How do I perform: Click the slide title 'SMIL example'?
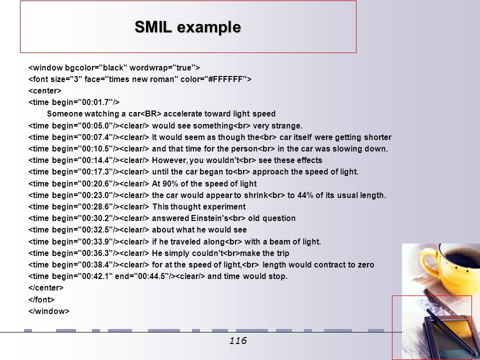point(187,27)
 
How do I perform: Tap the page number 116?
point(238,340)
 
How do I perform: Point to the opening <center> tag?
point(45,91)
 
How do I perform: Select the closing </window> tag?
point(49,311)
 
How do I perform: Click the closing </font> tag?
point(41,299)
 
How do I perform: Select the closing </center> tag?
point(46,288)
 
